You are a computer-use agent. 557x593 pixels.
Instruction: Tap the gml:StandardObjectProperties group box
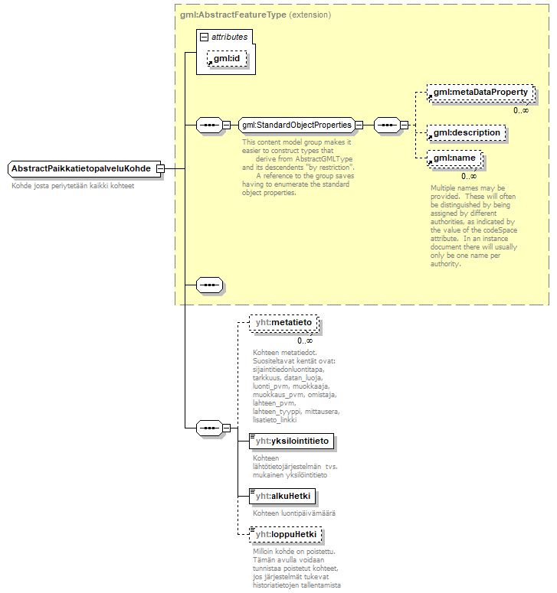(296, 125)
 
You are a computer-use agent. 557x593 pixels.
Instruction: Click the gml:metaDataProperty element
(480, 93)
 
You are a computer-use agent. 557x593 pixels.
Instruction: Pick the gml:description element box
(466, 132)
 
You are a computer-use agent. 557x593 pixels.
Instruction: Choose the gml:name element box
(455, 158)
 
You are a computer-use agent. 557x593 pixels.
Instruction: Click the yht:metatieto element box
(283, 324)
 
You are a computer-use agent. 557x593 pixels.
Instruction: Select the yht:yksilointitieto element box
(292, 441)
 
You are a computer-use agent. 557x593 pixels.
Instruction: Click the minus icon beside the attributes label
(204, 37)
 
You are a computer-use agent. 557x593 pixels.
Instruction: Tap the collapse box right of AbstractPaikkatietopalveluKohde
(160, 168)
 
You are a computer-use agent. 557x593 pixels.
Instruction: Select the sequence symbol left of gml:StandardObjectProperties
(208, 125)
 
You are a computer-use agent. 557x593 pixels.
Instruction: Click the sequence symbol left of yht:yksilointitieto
(208, 428)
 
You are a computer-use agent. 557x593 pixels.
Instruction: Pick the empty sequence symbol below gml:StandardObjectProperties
(208, 285)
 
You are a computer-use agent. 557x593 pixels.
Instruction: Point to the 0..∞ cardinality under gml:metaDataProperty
(520, 110)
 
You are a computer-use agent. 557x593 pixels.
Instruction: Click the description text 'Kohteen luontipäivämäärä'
(295, 513)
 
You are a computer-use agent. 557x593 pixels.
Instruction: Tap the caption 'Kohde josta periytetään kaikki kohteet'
(73, 186)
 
